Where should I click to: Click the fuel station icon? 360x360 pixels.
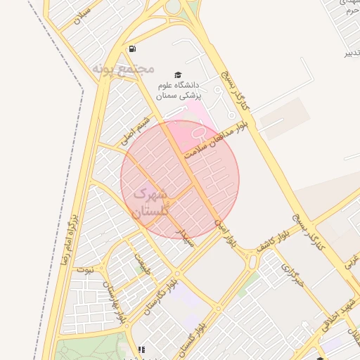[132, 49]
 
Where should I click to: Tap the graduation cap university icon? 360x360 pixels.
[178, 75]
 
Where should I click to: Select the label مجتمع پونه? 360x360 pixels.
[123, 68]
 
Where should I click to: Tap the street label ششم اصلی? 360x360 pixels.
[136, 131]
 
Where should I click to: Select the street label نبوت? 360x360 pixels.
[85, 269]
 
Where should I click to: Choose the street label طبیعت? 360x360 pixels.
[143, 263]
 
